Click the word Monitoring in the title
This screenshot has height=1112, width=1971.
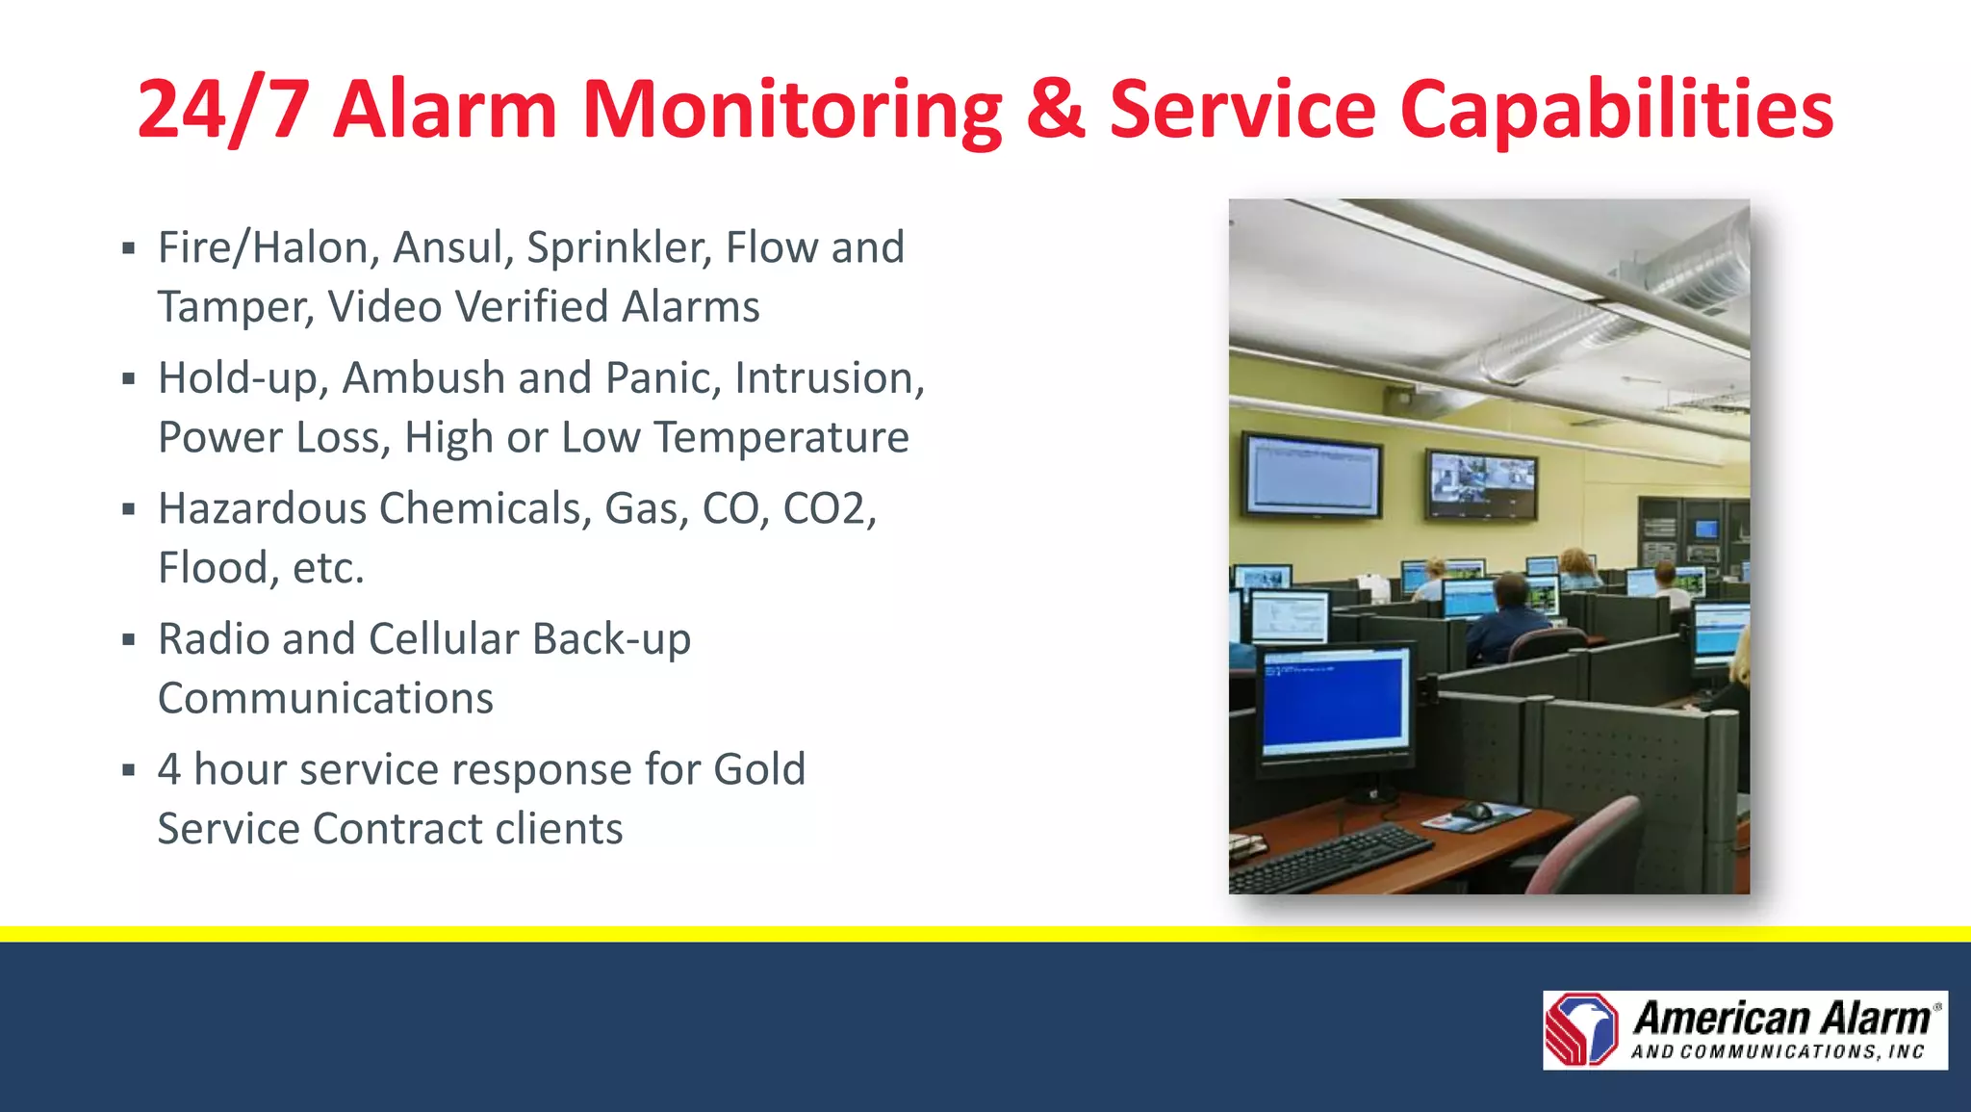(x=791, y=111)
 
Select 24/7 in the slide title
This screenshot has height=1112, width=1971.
(x=223, y=111)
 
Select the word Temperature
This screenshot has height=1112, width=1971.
(x=781, y=437)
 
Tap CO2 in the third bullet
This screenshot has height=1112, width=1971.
(x=825, y=508)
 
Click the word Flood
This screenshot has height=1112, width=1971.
(x=212, y=567)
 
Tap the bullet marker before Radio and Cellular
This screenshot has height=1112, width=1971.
(x=128, y=639)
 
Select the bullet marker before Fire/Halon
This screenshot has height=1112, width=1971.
(x=128, y=248)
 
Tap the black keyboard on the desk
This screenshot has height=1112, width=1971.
(x=1333, y=856)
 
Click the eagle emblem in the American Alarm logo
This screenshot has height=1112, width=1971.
(x=1582, y=1029)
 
